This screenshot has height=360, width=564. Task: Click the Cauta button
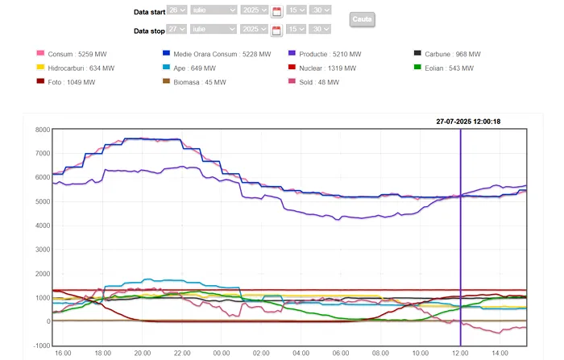(x=362, y=19)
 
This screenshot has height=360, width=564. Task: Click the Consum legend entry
(x=77, y=54)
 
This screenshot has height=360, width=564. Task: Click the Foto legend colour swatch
(x=40, y=82)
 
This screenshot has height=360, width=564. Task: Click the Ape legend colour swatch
(x=166, y=68)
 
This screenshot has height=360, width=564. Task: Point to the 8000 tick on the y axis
(x=38, y=130)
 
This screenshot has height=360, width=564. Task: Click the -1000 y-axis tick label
(x=37, y=346)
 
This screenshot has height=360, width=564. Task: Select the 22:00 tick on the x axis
(x=182, y=354)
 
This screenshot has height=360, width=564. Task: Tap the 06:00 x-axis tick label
(x=341, y=354)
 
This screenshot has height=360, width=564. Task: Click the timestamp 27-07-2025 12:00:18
(x=468, y=122)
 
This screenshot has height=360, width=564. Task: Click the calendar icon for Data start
(x=276, y=11)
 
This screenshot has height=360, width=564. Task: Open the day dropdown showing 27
(x=177, y=29)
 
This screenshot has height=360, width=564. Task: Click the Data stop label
(x=149, y=31)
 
